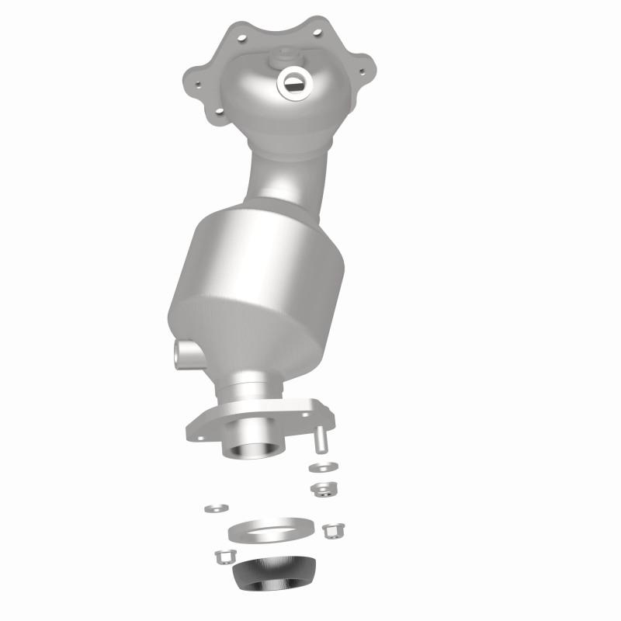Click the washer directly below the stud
coord(323,467)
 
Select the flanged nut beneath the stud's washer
coord(323,489)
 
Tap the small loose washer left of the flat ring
coord(216,508)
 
